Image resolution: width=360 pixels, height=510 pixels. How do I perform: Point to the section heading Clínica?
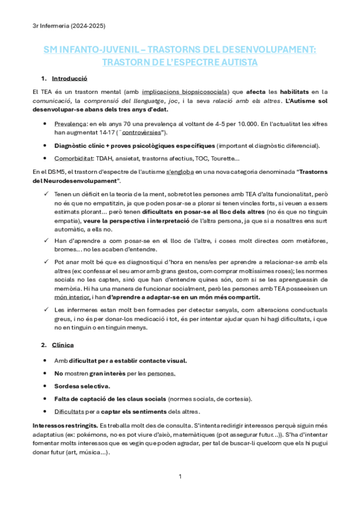click(63, 345)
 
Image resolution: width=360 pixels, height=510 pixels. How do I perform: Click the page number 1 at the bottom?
click(180, 476)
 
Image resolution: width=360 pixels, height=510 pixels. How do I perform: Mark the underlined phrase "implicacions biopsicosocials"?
click(186, 91)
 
